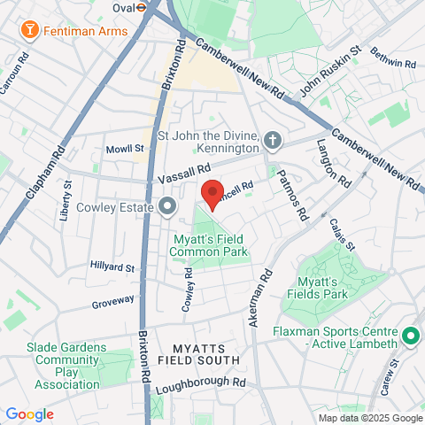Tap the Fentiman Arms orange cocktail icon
[30, 31]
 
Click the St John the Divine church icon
[273, 140]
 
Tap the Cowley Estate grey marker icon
[168, 208]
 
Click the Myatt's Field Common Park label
[211, 246]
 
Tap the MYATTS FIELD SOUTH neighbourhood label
[198, 353]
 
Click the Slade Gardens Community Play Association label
[66, 366]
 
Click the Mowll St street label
[124, 149]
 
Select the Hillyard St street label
[112, 267]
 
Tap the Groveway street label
[112, 304]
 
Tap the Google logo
[29, 413]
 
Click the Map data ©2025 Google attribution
[370, 418]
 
